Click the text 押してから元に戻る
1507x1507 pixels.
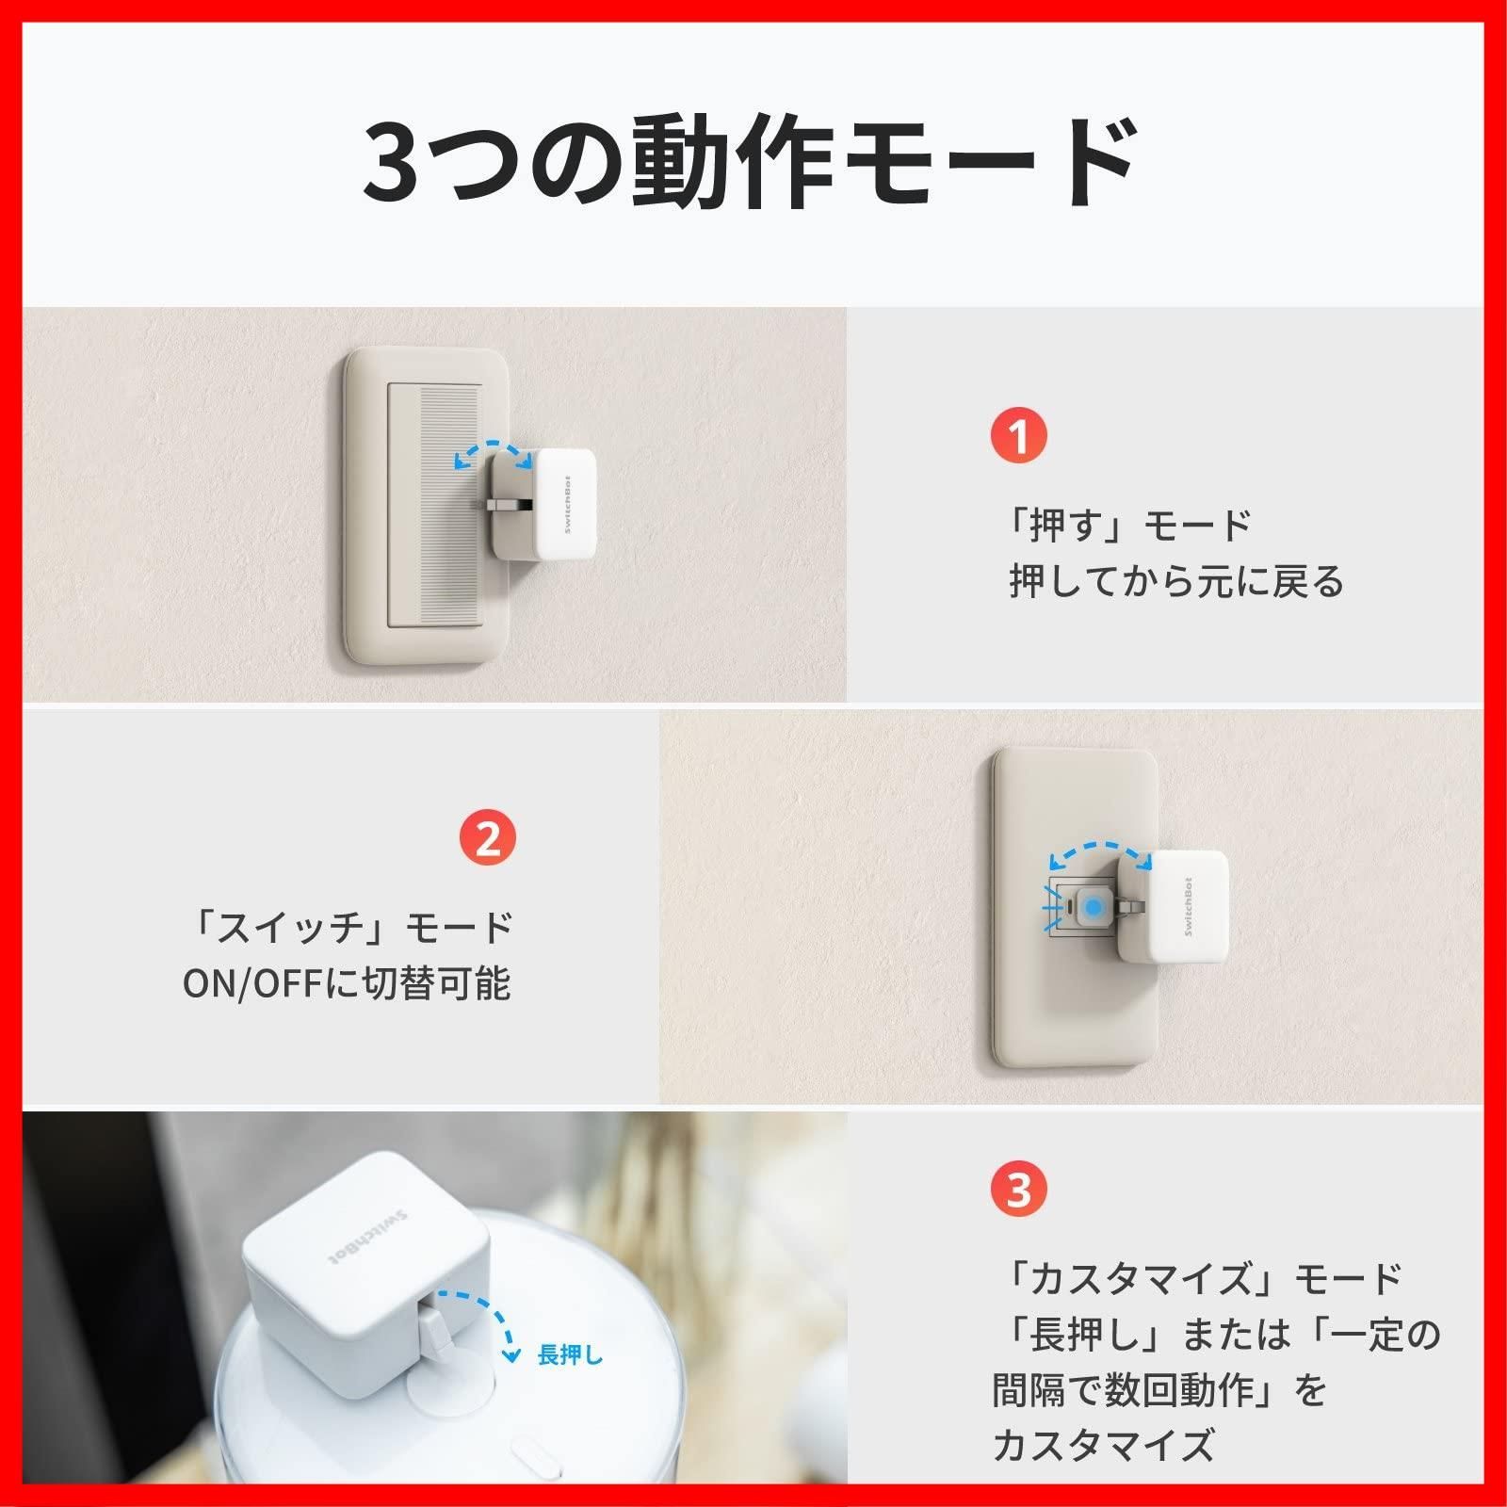click(x=1176, y=581)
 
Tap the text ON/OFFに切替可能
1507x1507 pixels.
click(x=347, y=983)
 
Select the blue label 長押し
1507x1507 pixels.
click(x=569, y=1355)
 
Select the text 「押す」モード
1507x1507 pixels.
click(x=1126, y=525)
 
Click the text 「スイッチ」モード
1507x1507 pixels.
click(x=349, y=928)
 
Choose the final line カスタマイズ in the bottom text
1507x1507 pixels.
click(x=1103, y=1444)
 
